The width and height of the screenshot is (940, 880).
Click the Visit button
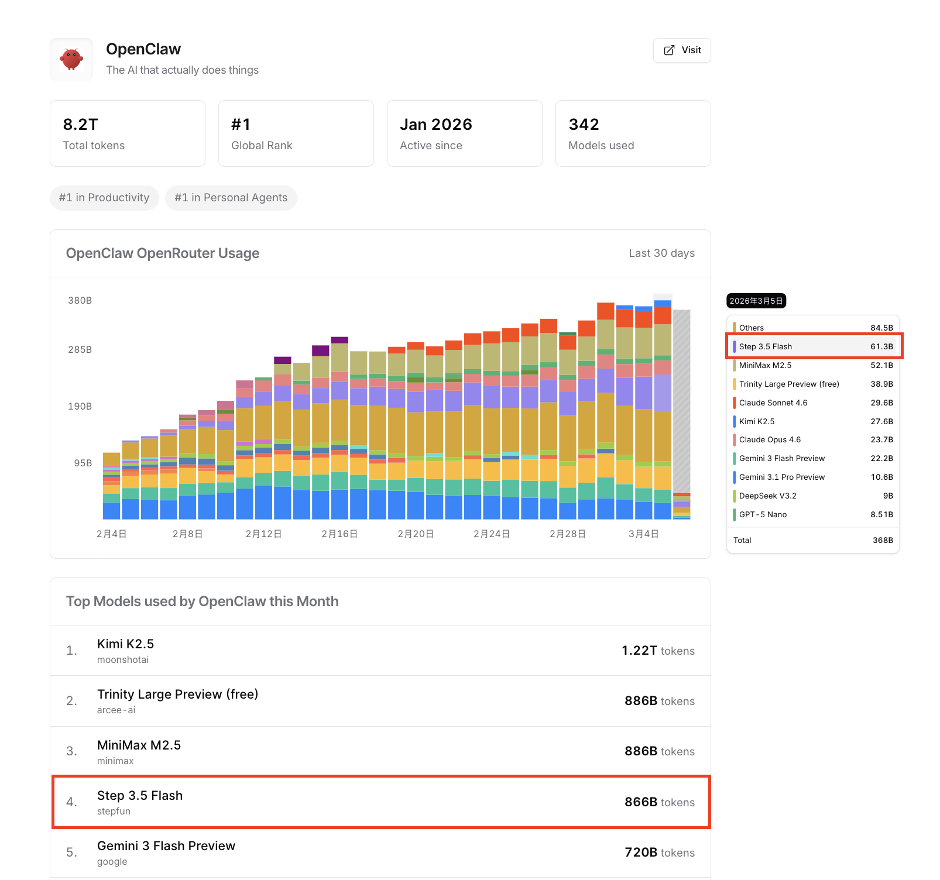[682, 50]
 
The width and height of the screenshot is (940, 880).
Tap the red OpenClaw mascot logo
[71, 60]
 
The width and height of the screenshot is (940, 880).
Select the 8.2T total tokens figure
[81, 125]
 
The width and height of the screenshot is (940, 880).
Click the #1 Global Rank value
[241, 125]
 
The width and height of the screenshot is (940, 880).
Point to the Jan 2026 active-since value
[435, 125]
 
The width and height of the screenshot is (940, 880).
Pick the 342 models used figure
[584, 125]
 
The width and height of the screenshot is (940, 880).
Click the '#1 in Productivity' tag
[104, 198]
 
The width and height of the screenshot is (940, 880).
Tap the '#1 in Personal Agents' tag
[231, 198]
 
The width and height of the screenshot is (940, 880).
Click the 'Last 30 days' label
[661, 253]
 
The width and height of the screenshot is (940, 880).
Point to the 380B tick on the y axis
[80, 301]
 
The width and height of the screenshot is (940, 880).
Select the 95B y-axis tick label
[83, 463]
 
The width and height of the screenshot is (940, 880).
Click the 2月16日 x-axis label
[339, 534]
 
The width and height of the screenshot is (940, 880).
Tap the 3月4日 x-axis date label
[644, 534]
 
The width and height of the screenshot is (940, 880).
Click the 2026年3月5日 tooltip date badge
[756, 301]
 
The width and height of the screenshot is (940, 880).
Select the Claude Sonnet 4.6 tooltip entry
[773, 403]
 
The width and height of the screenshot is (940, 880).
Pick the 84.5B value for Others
[881, 328]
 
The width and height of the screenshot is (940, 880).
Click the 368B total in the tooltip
[883, 541]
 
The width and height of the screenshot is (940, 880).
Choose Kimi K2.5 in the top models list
[125, 644]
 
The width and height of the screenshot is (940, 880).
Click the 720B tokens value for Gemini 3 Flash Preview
[659, 852]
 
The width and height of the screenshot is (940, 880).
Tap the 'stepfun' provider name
[114, 812]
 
